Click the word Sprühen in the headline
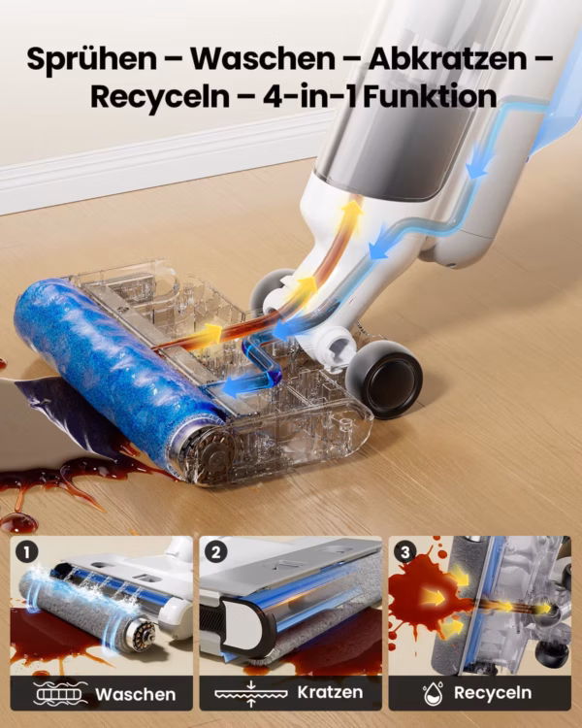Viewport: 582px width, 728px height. tap(92, 59)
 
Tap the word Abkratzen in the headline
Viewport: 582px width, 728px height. tap(447, 59)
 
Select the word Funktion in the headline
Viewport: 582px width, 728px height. tap(430, 96)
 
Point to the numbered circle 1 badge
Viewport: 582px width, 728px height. tap(26, 552)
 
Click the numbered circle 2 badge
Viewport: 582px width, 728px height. tap(215, 552)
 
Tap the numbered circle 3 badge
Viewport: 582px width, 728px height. tap(405, 552)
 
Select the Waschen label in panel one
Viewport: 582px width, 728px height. tap(135, 695)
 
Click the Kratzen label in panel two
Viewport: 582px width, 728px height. tap(330, 693)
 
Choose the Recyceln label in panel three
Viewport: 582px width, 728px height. tap(493, 693)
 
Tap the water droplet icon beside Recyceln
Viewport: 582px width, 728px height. tap(433, 693)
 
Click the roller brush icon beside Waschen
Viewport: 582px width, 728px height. tap(60, 694)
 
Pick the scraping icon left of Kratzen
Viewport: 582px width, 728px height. tap(251, 694)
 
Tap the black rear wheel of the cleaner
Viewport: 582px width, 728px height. tap(384, 379)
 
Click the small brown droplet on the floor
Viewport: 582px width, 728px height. tap(18, 523)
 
